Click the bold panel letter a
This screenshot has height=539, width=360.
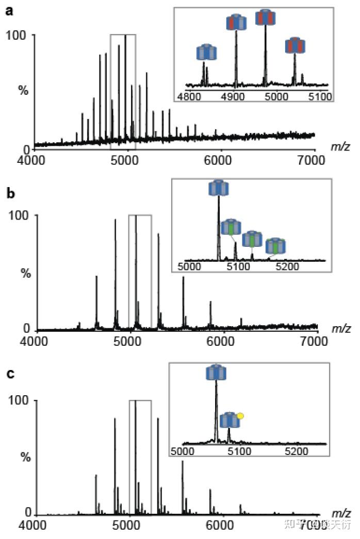point(9,11)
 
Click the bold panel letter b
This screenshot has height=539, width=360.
point(9,195)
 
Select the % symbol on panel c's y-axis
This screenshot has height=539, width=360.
point(23,456)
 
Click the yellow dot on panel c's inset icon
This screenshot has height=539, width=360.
point(240,414)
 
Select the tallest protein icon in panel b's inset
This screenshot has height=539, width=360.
point(218,188)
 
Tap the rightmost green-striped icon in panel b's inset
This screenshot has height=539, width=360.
point(275,246)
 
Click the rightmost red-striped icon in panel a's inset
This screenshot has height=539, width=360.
point(296,46)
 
